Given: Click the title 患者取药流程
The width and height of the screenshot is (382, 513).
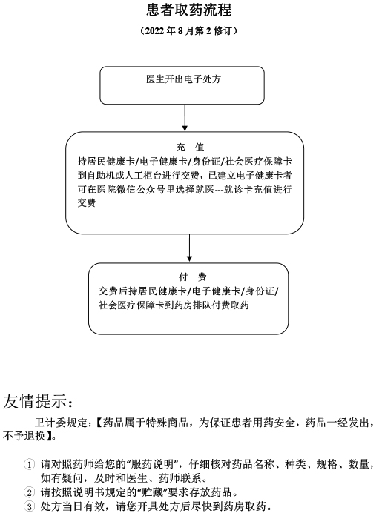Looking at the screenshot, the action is coord(189,10).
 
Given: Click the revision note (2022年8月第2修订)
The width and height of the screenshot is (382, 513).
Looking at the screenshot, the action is coord(189,30).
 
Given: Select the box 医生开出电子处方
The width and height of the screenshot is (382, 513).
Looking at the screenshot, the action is coord(182,85).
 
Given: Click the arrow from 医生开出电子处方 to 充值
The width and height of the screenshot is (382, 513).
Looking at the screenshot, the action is coord(185,118).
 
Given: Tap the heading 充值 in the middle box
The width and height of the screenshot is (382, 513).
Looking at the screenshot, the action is coord(190,148).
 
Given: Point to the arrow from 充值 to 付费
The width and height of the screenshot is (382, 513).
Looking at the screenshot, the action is coord(189,248).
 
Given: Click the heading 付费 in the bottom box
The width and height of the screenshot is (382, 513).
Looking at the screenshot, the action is coord(192,277).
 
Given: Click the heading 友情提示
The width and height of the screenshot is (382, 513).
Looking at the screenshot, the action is coord(37,401).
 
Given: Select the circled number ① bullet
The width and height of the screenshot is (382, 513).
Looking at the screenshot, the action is coord(30,464).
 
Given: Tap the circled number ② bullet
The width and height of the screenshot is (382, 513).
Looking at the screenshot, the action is coord(30,492).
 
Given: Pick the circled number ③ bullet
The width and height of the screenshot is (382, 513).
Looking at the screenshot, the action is coord(30,506).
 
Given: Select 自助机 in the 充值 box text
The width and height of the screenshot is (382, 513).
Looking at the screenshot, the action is coord(102,176).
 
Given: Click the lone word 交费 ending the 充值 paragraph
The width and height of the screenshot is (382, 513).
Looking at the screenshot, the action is coord(87,203).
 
